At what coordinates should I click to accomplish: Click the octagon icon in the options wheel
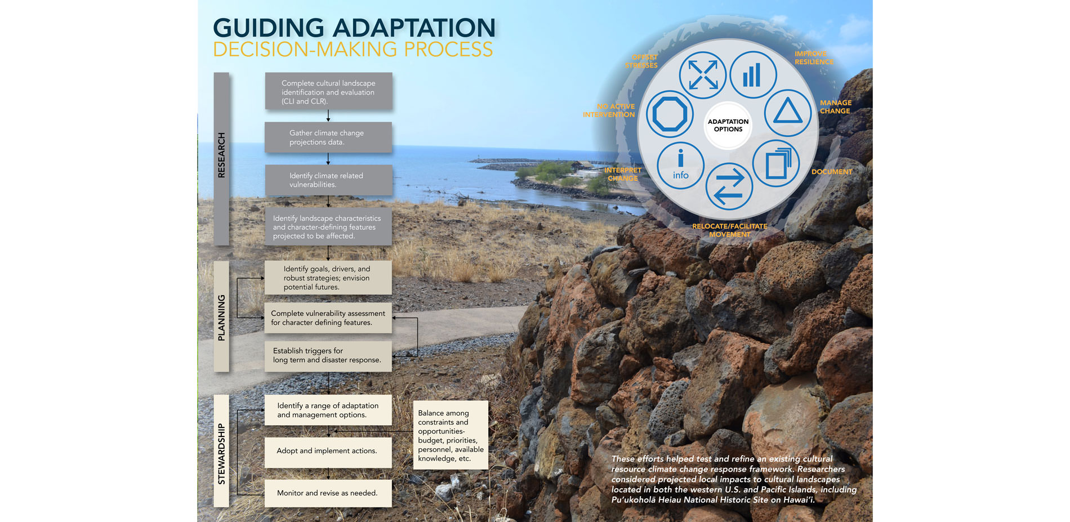pos(670,114)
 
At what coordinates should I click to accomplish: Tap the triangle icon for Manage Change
pos(787,113)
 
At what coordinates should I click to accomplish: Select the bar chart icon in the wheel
pos(753,75)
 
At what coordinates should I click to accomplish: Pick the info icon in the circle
pos(680,165)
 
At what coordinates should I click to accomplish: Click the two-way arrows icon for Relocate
pos(729,186)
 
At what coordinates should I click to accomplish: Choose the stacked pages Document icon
pos(776,163)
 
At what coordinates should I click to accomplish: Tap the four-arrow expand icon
pos(702,75)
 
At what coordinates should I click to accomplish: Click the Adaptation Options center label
pos(728,125)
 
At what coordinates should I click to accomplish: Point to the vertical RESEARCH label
pos(221,155)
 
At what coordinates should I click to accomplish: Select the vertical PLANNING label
pos(221,318)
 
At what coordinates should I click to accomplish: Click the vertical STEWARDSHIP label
pos(221,454)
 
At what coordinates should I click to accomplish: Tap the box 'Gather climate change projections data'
pos(328,137)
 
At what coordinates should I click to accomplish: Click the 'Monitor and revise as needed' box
pos(328,493)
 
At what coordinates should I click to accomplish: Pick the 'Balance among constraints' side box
pos(451,435)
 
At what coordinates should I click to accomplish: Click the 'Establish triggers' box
pos(328,356)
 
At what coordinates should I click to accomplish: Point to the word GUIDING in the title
pos(269,28)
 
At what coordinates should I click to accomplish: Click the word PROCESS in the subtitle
pos(448,50)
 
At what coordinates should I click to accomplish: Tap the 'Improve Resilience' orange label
pos(814,58)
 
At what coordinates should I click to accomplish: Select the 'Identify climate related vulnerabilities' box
pos(328,180)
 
